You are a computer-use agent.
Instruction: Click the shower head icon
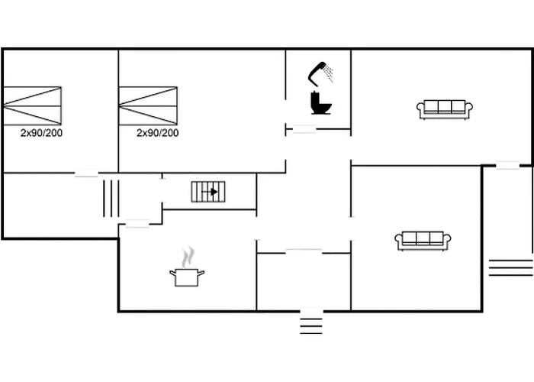pos(320,73)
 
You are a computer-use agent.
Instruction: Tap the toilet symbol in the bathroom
pos(321,102)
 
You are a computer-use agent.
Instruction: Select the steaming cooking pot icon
pos(187,267)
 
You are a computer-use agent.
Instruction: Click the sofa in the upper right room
pos(445,109)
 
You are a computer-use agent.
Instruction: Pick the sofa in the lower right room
pos(423,241)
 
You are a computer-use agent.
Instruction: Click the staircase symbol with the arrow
pos(208,192)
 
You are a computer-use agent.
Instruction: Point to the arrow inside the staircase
pos(210,192)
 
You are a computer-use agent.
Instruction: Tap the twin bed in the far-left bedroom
pos(32,105)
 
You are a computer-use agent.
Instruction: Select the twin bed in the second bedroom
pos(148,105)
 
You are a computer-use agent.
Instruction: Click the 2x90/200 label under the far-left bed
pos(41,133)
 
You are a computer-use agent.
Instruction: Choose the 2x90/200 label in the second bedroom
pos(158,133)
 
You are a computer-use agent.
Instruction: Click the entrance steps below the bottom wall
pos(311,326)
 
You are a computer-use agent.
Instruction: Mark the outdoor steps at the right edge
pos(510,267)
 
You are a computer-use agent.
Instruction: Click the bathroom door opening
pos(304,129)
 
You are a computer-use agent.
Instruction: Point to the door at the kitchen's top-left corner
pos(137,224)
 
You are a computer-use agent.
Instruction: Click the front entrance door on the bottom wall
pos(311,311)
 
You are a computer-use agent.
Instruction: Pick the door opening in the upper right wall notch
pos(507,166)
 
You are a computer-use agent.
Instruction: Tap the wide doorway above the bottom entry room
pos(304,253)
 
